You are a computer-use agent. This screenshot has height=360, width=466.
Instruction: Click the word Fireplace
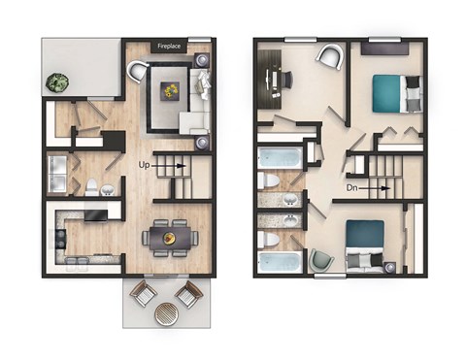click(x=171, y=46)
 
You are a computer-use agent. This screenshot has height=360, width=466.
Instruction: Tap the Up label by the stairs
click(x=144, y=166)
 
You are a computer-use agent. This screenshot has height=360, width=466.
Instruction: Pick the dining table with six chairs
click(x=170, y=235)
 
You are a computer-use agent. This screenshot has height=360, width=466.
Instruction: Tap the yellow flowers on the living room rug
click(x=172, y=90)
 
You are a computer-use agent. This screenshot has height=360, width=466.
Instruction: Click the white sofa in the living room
click(x=203, y=97)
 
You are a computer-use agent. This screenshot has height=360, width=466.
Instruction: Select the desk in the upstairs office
click(x=274, y=76)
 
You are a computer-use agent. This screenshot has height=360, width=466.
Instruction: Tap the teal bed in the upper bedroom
click(x=395, y=93)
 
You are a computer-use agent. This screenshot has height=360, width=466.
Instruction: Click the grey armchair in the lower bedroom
click(x=320, y=259)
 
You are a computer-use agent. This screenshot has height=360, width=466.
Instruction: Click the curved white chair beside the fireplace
click(x=137, y=70)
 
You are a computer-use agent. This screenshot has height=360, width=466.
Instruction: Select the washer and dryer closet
click(x=59, y=171)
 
